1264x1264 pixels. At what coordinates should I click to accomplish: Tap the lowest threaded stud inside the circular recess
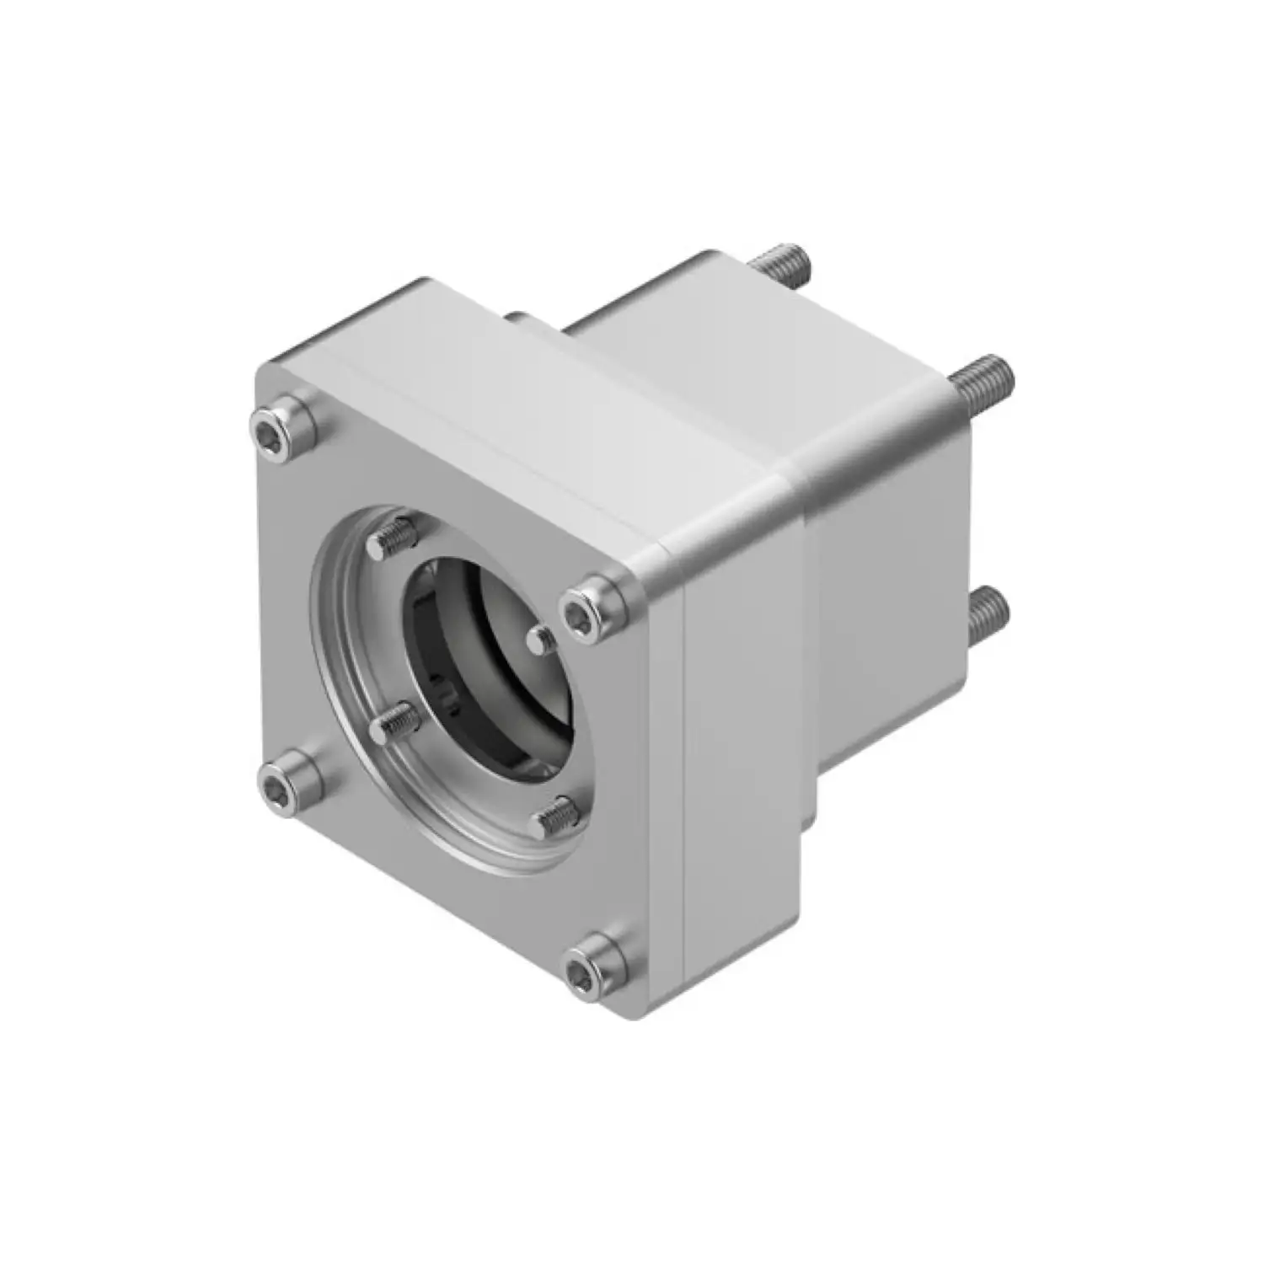click(556, 816)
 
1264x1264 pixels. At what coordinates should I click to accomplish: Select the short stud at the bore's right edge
click(539, 638)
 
